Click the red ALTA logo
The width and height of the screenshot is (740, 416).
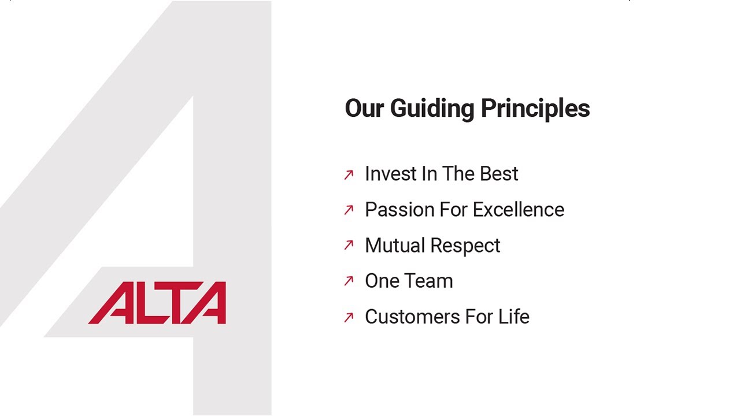[157, 303]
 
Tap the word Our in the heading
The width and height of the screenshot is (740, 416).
[364, 109]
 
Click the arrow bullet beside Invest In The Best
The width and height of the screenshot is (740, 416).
[349, 174]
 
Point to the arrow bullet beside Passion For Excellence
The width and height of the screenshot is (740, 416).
[349, 210]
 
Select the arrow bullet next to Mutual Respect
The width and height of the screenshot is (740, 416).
[349, 246]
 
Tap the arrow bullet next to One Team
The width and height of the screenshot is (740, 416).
[349, 281]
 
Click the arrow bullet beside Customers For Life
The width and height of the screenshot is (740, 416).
[349, 317]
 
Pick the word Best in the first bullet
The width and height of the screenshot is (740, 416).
[500, 174]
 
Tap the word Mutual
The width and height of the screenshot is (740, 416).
[394, 246]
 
